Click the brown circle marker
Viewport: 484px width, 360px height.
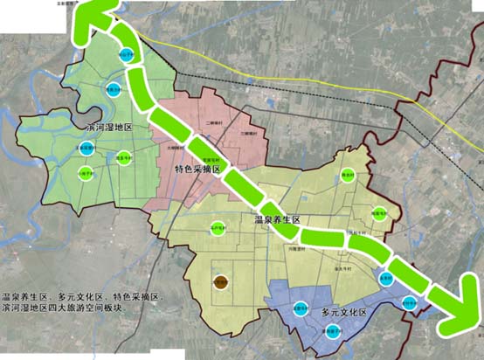(220, 282)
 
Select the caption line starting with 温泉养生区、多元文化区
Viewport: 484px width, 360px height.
(82, 298)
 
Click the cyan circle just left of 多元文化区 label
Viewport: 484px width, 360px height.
(299, 308)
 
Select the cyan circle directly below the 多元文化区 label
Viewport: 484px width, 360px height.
(331, 331)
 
